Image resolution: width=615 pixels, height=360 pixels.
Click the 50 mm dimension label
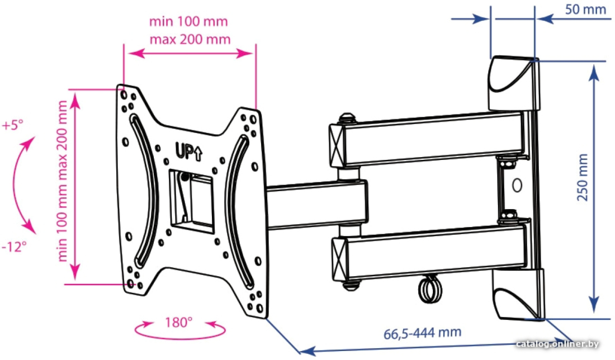[x=585, y=10]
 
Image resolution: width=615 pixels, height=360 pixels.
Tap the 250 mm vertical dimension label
[x=583, y=177]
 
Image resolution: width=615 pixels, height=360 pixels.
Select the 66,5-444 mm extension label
[x=422, y=333]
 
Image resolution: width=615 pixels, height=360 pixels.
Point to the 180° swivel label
[x=178, y=323]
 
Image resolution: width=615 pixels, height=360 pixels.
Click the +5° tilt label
[x=12, y=125]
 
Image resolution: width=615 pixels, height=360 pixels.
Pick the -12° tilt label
[x=14, y=247]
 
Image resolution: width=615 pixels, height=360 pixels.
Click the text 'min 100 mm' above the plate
[x=188, y=21]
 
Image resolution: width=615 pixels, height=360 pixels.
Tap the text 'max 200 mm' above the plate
[x=190, y=39]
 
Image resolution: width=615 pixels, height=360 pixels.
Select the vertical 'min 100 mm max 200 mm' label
[x=62, y=181]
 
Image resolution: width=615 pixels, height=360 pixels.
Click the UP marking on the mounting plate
[x=188, y=151]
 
